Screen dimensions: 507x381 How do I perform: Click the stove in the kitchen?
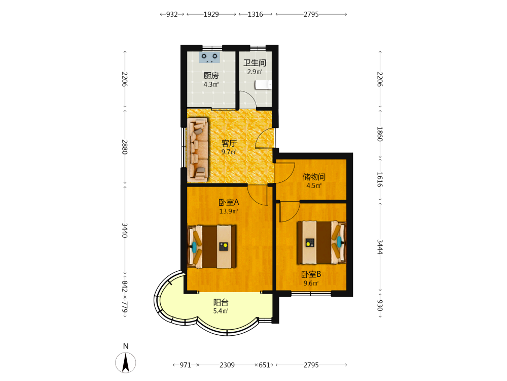(x=209, y=57)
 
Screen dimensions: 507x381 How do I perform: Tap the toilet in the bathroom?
(x=263, y=84)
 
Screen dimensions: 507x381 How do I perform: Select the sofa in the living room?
(x=198, y=150)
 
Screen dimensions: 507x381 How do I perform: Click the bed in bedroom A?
(x=212, y=246)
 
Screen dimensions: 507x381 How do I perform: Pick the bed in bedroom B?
(x=322, y=242)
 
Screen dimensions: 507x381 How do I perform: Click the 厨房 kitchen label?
(x=211, y=76)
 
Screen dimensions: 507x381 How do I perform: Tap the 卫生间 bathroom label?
(x=255, y=62)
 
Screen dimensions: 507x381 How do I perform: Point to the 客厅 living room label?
(x=229, y=143)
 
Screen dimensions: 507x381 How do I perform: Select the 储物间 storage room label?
(x=314, y=177)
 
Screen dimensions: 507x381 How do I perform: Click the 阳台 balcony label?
(x=221, y=302)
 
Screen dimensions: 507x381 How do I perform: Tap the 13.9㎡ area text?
(x=229, y=211)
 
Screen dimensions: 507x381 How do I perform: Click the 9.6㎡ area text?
(x=311, y=283)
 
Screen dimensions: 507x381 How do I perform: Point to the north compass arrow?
(x=126, y=363)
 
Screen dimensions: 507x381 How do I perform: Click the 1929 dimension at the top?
(x=211, y=14)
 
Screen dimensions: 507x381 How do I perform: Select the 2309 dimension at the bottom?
(x=227, y=365)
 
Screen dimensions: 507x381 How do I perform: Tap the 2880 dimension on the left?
(x=125, y=147)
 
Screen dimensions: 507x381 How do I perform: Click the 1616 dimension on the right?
(x=380, y=179)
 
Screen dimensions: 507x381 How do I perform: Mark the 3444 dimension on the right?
(x=380, y=247)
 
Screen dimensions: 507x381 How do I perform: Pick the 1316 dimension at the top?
(x=256, y=14)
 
